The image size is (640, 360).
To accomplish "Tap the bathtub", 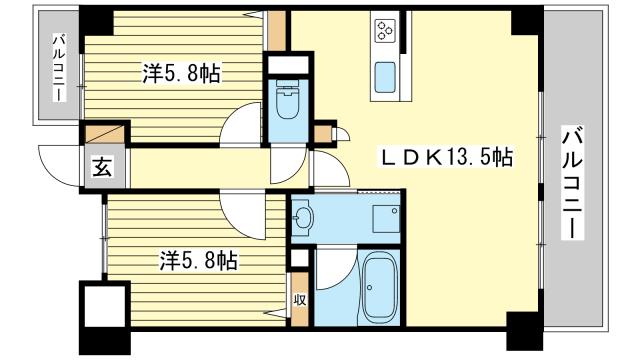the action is click(381, 287).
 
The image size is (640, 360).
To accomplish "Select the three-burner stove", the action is click(385, 30).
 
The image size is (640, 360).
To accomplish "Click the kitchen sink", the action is click(385, 78).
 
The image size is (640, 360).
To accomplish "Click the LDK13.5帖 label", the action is click(447, 157).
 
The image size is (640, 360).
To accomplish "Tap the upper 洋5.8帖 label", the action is click(182, 73).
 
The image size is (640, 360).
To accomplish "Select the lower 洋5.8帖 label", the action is click(198, 260).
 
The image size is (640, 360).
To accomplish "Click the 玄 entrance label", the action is click(102, 167).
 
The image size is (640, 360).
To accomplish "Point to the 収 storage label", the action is click(300, 300).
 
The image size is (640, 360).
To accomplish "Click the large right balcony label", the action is click(572, 182).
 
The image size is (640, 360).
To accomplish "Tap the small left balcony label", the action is click(59, 68).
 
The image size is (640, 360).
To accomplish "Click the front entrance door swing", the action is click(59, 165).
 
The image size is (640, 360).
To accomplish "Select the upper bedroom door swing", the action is click(241, 124).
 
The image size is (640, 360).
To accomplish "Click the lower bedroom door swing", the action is click(242, 215).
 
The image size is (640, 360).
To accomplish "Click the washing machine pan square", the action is click(386, 218).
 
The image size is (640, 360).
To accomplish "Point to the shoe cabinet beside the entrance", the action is click(104, 134).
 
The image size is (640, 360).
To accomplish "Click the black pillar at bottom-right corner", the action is click(524, 331).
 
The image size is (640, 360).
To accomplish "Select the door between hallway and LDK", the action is click(329, 169).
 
